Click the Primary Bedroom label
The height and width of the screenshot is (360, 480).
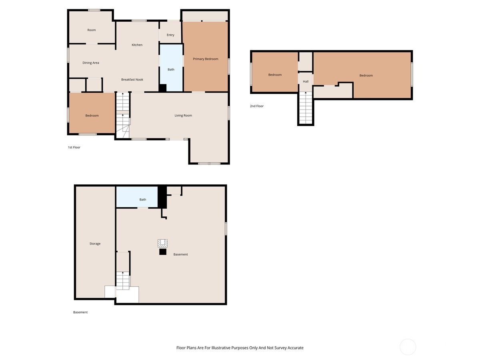click(206, 59)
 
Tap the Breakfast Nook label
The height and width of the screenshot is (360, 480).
click(132, 80)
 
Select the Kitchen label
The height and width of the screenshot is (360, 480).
click(137, 45)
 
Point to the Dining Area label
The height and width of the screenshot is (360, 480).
click(91, 63)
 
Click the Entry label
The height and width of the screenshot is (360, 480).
click(170, 35)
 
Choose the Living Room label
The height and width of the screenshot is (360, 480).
click(183, 116)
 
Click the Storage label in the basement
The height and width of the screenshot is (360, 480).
click(95, 244)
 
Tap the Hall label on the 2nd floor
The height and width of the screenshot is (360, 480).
click(306, 82)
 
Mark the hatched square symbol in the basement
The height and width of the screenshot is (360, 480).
click(162, 243)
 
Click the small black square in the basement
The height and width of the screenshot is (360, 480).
click(162, 252)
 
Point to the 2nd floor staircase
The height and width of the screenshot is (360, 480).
click(306, 107)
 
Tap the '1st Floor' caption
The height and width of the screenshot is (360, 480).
click(74, 148)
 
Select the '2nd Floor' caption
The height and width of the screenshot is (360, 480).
click(257, 106)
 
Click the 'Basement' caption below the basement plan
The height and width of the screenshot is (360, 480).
click(80, 312)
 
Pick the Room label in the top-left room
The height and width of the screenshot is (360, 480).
click(92, 30)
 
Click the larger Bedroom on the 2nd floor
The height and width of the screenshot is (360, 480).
click(366, 76)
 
